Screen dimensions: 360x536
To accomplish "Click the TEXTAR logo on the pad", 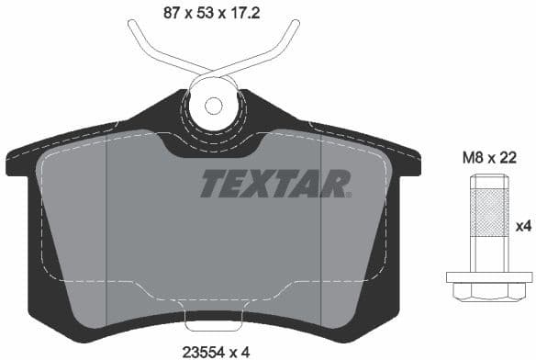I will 274,184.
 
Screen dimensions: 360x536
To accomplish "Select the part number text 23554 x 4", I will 218,349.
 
